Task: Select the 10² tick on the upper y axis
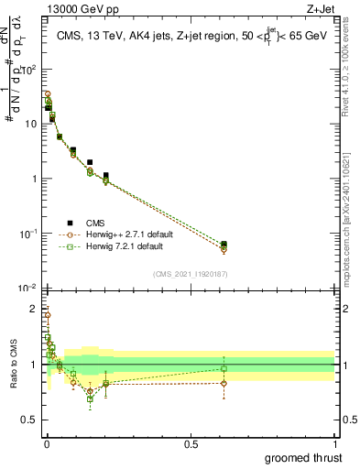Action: [29, 70]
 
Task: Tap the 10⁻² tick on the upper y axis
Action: [28, 288]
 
